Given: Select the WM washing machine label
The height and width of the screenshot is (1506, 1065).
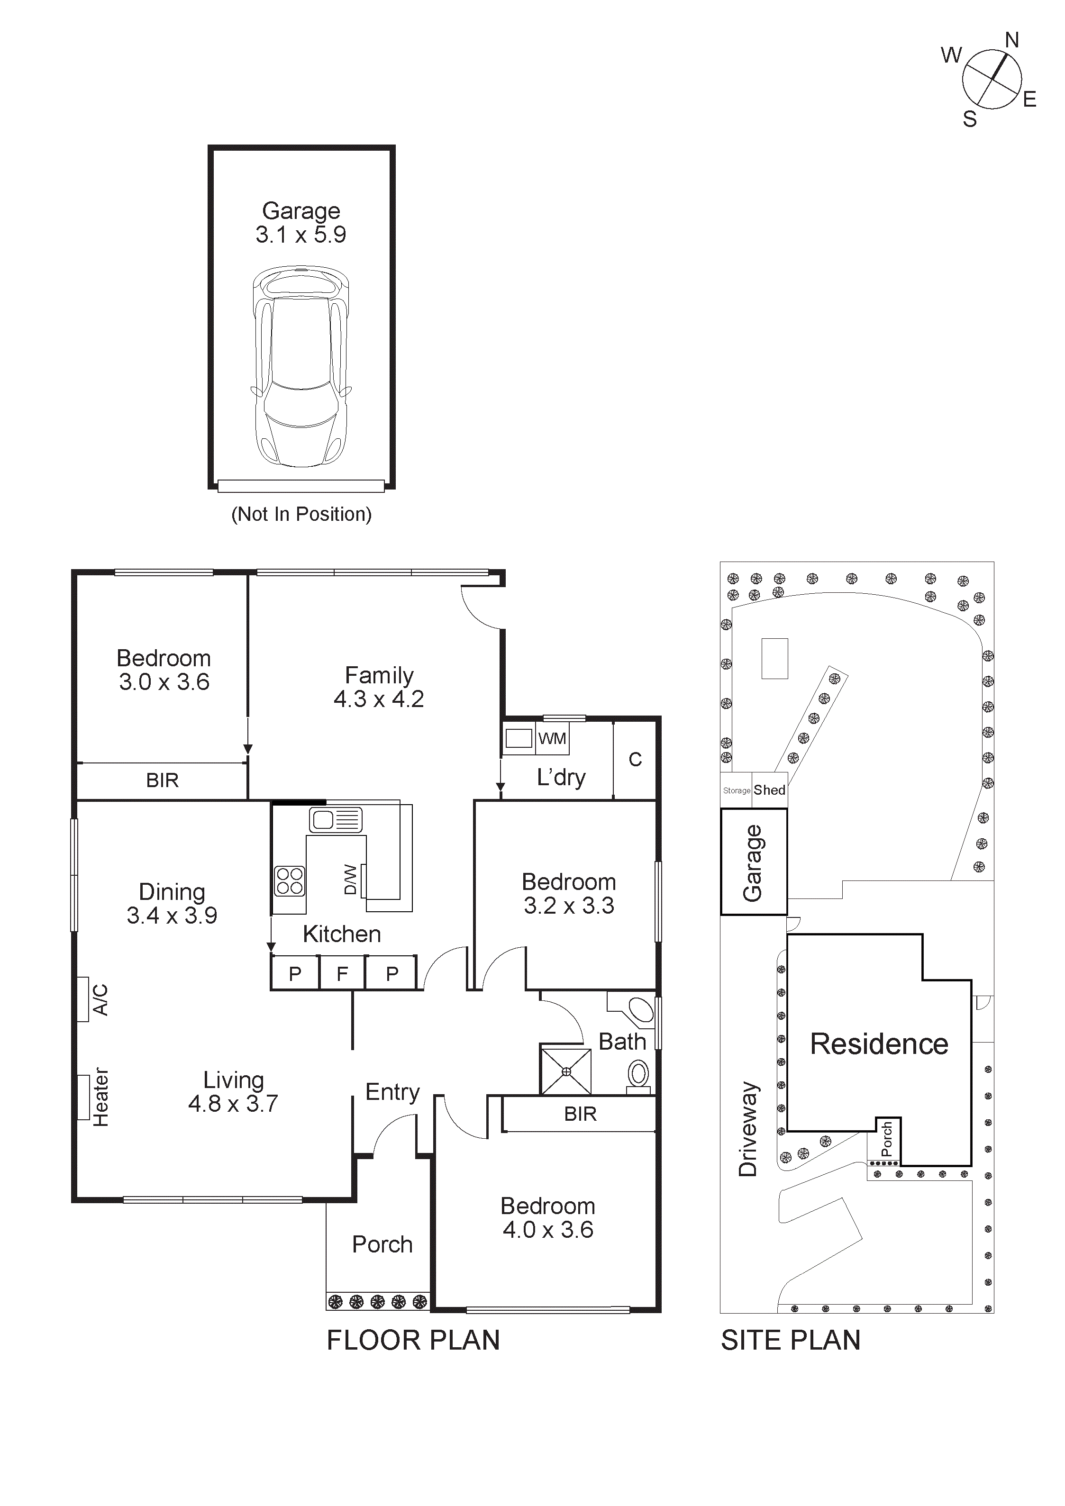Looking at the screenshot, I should pyautogui.click(x=552, y=739).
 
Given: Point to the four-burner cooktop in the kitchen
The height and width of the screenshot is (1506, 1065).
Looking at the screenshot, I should pyautogui.click(x=290, y=881).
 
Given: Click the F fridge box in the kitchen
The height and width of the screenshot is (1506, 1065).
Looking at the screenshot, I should pyautogui.click(x=342, y=974).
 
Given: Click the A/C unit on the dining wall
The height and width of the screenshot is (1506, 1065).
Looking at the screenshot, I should pyautogui.click(x=84, y=999).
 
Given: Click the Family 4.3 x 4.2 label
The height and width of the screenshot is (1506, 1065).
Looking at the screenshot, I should pyautogui.click(x=379, y=687).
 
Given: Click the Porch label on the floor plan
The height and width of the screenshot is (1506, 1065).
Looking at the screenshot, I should pyautogui.click(x=382, y=1244).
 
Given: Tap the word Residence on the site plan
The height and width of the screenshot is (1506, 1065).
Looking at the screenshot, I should pyautogui.click(x=879, y=1043).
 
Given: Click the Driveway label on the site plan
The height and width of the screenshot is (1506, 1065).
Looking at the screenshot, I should pyautogui.click(x=747, y=1129).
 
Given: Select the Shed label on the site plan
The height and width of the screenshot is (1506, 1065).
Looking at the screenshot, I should pyautogui.click(x=769, y=790).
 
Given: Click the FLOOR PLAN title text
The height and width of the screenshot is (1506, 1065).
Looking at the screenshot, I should pyautogui.click(x=413, y=1340).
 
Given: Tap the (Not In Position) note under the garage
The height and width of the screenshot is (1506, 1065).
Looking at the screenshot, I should pyautogui.click(x=301, y=514).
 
